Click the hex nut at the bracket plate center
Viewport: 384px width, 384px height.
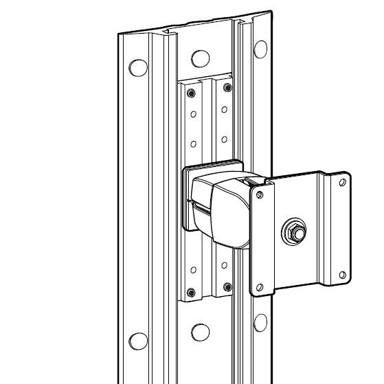(295, 232)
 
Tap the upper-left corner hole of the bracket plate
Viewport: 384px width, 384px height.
(259, 195)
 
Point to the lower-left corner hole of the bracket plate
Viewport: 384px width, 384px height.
(260, 286)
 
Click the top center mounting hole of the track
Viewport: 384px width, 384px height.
(199, 58)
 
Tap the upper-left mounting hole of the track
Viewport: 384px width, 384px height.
(138, 67)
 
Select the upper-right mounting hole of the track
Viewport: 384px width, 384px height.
(260, 49)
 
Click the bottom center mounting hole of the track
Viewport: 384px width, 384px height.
(200, 332)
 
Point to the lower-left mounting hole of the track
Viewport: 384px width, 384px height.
(138, 341)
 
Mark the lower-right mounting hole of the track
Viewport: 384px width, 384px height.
(261, 321)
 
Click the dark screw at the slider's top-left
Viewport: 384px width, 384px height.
(192, 92)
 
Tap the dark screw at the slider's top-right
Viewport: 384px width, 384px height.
(226, 88)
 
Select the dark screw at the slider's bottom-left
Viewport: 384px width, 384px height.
(192, 289)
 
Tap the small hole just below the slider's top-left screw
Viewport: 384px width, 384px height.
(193, 113)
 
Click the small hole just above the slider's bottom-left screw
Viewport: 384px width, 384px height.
(193, 269)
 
